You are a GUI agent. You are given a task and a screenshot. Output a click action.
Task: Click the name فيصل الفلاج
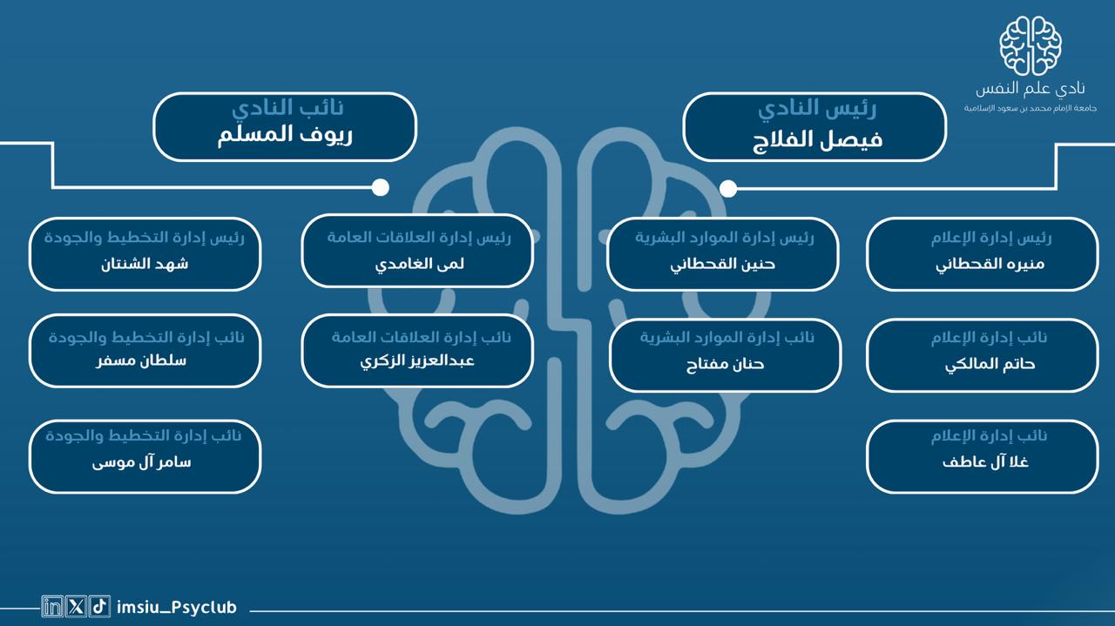click(x=817, y=140)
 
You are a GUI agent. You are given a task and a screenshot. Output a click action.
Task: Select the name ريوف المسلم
click(x=285, y=135)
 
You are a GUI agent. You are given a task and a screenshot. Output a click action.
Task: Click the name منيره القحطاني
click(x=990, y=264)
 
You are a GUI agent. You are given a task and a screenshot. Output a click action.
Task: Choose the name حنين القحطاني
click(x=723, y=264)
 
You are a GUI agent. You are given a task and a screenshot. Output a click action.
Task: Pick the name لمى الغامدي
click(x=420, y=264)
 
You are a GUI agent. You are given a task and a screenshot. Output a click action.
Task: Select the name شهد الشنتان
click(x=145, y=263)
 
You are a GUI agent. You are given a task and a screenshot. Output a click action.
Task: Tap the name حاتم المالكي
click(x=990, y=365)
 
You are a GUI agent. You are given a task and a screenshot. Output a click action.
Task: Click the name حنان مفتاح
click(x=726, y=365)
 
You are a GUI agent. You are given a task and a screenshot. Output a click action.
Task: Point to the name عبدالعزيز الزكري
click(x=417, y=361)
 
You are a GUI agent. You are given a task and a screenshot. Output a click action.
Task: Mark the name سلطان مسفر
click(x=141, y=360)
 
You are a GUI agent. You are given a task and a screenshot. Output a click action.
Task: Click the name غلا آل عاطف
click(x=985, y=462)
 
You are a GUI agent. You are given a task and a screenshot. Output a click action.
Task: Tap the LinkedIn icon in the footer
click(x=51, y=607)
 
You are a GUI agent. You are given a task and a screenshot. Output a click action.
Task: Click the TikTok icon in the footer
click(x=99, y=607)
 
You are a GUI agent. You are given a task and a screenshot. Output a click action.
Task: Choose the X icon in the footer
click(x=76, y=607)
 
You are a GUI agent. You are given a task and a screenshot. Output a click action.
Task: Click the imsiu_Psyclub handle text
click(x=177, y=608)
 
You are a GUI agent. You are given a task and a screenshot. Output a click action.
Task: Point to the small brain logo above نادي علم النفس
click(x=1031, y=46)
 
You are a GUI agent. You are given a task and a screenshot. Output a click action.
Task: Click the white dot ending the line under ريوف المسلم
click(x=381, y=187)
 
